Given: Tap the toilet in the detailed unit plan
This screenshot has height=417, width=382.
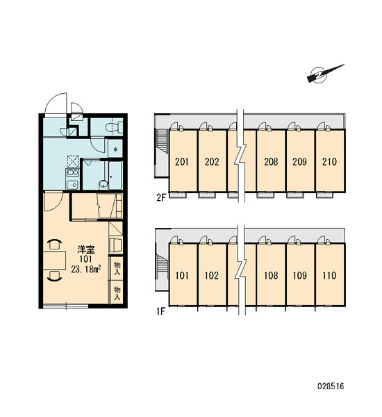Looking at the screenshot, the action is (x=114, y=128).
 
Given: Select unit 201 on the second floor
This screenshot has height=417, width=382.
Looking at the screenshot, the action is (x=183, y=161).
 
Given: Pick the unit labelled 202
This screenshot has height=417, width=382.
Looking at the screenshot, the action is (x=212, y=161).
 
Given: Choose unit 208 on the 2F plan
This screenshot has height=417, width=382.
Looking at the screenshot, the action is (x=271, y=161).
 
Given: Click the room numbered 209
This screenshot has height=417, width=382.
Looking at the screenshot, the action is (x=300, y=161).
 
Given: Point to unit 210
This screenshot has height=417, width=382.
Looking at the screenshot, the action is (x=330, y=161).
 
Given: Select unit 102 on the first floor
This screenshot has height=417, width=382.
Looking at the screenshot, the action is (x=212, y=275).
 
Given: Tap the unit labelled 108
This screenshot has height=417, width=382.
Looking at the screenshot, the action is (x=271, y=275).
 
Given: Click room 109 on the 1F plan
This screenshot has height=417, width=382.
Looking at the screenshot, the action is (x=300, y=275).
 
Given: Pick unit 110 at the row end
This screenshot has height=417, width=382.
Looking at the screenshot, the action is (x=330, y=275).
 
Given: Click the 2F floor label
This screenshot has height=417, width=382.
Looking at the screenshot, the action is (x=161, y=197).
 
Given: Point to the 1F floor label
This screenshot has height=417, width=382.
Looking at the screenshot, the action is (x=161, y=311).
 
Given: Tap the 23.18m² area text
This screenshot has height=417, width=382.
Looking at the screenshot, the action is (x=86, y=270).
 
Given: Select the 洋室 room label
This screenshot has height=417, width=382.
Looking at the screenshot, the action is (x=86, y=250).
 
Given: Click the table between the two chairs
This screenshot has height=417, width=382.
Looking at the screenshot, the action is (x=54, y=261).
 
